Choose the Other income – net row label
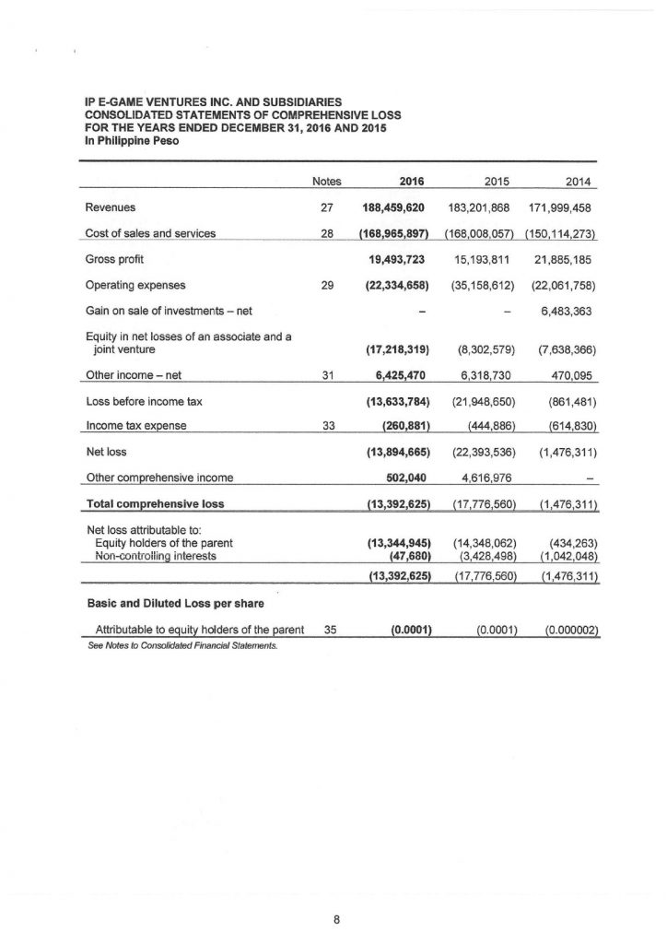(x=127, y=375)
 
